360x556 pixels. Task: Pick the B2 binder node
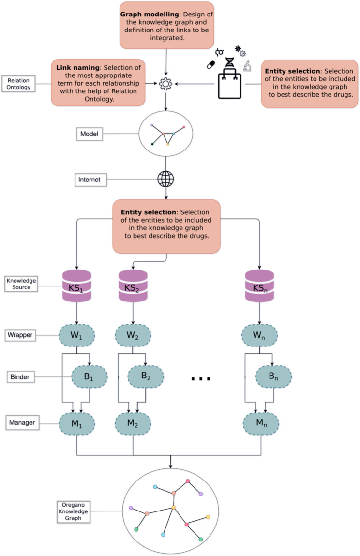pos(146,375)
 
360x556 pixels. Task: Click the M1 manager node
pos(77,422)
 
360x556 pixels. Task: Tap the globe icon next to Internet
pos(165,180)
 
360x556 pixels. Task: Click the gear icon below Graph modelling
pos(165,84)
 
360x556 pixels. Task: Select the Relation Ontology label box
pos(19,83)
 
